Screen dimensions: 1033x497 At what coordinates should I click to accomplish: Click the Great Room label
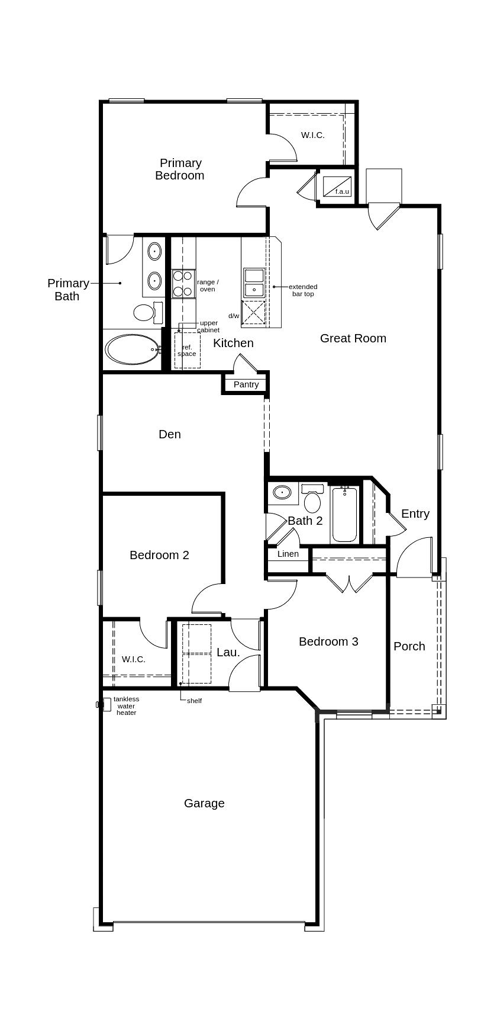click(353, 338)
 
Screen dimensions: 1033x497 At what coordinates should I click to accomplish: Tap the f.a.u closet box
click(337, 187)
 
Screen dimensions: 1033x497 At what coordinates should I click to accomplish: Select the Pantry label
click(246, 384)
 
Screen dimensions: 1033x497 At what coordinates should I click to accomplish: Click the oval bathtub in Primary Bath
click(133, 349)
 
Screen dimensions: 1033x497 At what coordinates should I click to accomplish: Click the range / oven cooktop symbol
click(183, 284)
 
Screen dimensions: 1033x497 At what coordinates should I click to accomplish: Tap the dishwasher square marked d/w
click(254, 312)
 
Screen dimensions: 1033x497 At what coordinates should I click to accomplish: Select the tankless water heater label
click(126, 706)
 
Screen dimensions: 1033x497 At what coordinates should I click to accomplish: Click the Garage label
click(204, 803)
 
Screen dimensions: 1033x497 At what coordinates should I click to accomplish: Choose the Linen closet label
click(288, 554)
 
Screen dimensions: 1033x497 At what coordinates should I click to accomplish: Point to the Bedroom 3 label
click(328, 641)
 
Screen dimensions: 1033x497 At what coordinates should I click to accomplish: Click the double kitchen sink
click(254, 283)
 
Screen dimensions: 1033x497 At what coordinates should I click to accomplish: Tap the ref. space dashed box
click(187, 350)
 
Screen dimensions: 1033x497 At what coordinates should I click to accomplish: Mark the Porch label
click(409, 646)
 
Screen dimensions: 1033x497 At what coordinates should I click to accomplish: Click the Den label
click(170, 434)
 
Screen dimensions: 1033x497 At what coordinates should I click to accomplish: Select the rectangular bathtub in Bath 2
click(344, 515)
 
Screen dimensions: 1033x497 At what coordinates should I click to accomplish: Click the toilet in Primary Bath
click(146, 312)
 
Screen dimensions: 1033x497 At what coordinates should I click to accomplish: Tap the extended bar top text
click(303, 290)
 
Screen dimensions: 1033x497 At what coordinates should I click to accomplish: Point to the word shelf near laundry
click(194, 701)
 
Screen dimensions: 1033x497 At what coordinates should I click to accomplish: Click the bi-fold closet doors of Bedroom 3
click(350, 583)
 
